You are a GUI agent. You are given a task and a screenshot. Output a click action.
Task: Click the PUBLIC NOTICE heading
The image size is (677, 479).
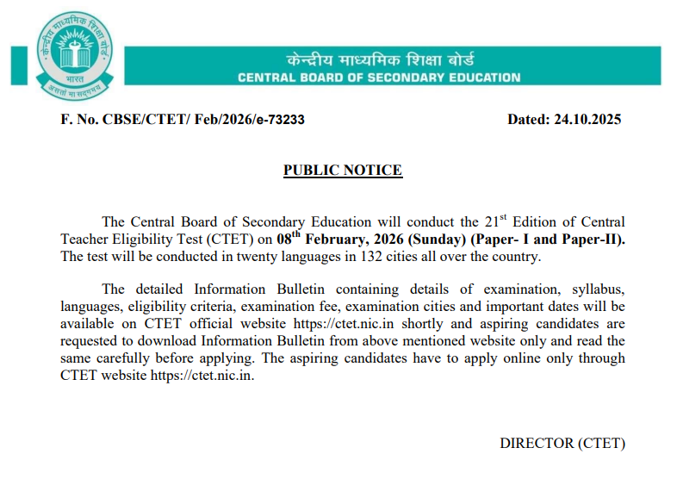(343, 170)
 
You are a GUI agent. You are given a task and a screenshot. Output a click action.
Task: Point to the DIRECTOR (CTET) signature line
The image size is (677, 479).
(562, 443)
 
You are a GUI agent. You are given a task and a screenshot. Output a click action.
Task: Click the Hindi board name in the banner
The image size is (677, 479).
(379, 60)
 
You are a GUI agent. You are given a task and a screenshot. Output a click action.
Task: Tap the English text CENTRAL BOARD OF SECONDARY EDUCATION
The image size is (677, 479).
(379, 78)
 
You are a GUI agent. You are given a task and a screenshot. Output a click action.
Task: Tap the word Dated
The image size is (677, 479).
(526, 120)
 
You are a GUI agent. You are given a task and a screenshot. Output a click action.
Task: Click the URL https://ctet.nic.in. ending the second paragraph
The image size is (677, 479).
(202, 375)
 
